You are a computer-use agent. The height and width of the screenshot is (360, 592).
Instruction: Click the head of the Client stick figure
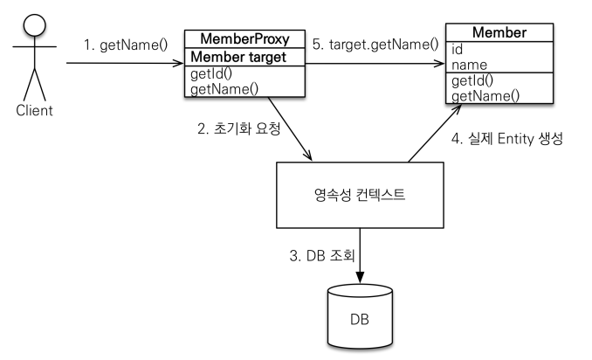tap(34, 25)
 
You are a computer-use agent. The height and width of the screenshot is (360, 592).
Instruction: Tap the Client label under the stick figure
tap(34, 111)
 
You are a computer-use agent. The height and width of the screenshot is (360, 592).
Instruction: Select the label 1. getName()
tap(126, 45)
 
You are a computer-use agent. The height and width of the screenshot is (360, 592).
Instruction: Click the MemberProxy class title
tap(244, 39)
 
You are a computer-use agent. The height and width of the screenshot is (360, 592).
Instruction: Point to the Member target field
tap(238, 57)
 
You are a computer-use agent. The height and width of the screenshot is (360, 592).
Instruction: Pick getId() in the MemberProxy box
tap(211, 73)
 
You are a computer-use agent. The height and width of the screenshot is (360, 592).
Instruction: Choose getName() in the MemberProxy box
tap(224, 89)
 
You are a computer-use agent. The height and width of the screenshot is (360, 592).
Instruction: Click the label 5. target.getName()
tap(375, 45)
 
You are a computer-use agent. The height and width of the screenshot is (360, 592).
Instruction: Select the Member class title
tap(499, 32)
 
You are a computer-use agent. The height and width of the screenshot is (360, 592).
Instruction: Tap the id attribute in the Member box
tap(457, 49)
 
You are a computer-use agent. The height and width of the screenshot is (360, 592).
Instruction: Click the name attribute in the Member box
tap(469, 65)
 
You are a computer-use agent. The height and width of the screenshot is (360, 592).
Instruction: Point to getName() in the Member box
tap(485, 96)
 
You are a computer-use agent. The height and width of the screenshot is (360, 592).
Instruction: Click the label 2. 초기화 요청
tap(239, 128)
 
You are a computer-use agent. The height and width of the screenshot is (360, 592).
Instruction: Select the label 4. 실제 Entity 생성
tap(507, 139)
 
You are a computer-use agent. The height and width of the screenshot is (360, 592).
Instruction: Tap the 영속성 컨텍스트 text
tap(360, 195)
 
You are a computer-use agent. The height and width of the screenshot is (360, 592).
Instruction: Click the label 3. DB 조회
tap(322, 256)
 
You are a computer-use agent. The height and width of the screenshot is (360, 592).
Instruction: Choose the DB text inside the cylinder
tap(360, 320)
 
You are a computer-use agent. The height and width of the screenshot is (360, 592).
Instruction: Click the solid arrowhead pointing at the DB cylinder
tap(360, 277)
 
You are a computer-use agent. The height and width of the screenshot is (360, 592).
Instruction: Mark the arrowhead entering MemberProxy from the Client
tap(178, 63)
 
